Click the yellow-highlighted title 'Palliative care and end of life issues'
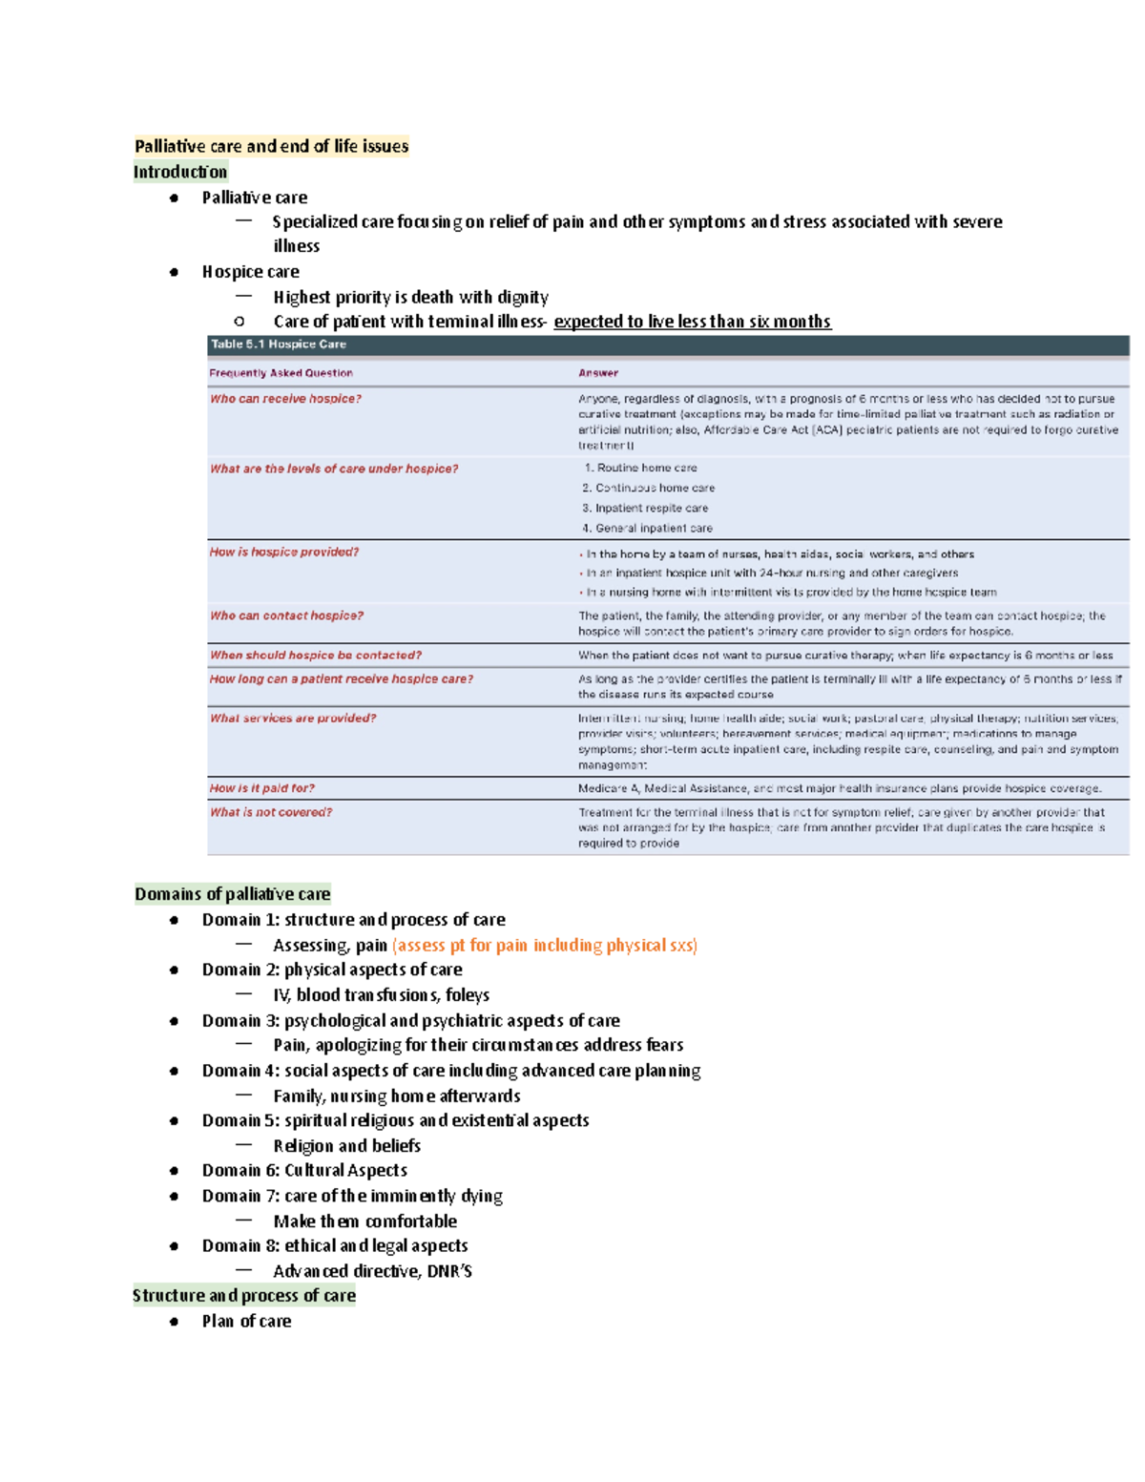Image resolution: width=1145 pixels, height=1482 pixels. (x=271, y=146)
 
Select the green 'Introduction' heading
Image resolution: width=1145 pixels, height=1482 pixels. (x=180, y=172)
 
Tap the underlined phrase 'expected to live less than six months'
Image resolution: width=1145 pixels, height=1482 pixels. (x=692, y=322)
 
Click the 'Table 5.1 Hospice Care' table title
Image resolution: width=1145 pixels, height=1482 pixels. (x=279, y=344)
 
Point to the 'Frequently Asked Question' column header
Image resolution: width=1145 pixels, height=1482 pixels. (x=281, y=373)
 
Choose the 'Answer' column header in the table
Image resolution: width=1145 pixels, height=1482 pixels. (x=598, y=373)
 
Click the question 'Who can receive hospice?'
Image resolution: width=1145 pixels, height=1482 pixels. (x=285, y=399)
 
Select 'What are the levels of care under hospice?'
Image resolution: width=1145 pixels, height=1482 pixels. (x=334, y=469)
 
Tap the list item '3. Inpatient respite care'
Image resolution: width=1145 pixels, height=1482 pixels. (x=646, y=508)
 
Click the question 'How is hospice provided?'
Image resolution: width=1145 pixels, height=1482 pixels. (x=284, y=553)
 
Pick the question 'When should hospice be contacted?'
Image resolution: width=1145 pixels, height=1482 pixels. (x=316, y=656)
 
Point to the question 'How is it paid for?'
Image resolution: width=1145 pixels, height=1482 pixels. (x=261, y=788)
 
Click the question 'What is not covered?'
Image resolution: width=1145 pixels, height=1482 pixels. (x=271, y=812)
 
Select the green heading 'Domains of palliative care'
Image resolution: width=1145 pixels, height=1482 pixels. (x=232, y=894)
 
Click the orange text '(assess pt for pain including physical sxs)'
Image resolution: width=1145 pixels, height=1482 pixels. (x=545, y=945)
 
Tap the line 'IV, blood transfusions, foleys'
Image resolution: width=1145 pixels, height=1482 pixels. (x=381, y=995)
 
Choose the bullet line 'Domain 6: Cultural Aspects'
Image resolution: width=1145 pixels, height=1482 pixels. (x=304, y=1170)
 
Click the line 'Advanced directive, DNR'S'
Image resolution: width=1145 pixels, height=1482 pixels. (x=372, y=1271)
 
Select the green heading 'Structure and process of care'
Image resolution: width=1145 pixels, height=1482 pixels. (x=244, y=1295)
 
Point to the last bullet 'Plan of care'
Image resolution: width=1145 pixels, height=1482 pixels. (x=246, y=1321)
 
